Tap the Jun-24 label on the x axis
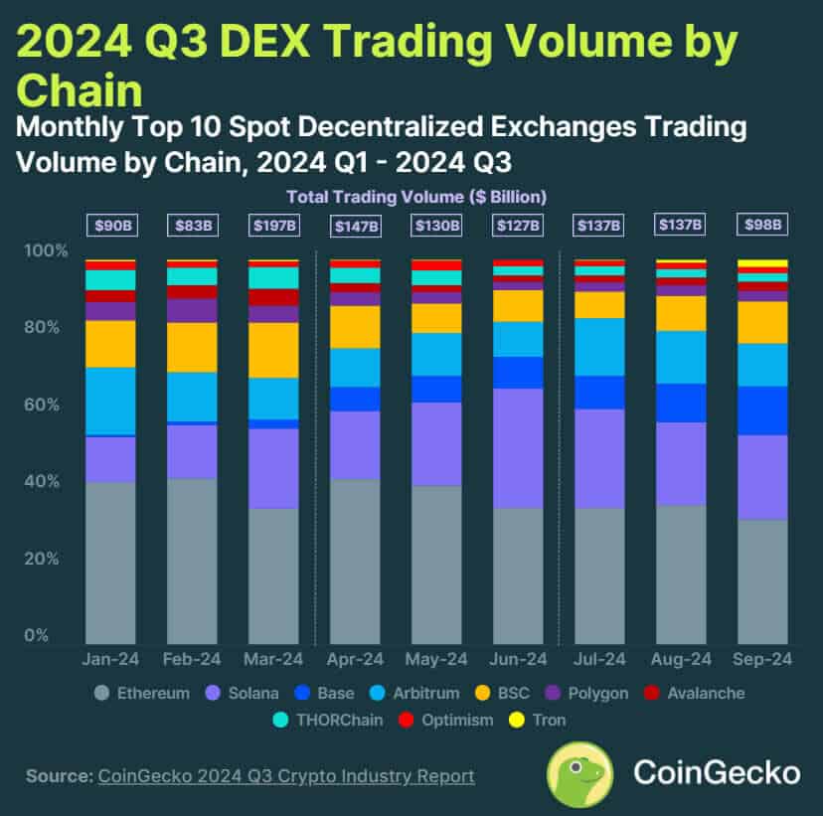(518, 659)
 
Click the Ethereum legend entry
(140, 693)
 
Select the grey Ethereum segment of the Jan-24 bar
(110, 562)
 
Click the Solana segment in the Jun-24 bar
(518, 447)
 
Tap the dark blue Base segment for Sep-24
(762, 410)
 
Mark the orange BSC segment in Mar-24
(273, 350)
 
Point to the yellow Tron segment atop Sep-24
(762, 263)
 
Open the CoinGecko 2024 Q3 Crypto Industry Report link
(286, 776)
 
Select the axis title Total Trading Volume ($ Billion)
(417, 196)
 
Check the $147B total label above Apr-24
(355, 226)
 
